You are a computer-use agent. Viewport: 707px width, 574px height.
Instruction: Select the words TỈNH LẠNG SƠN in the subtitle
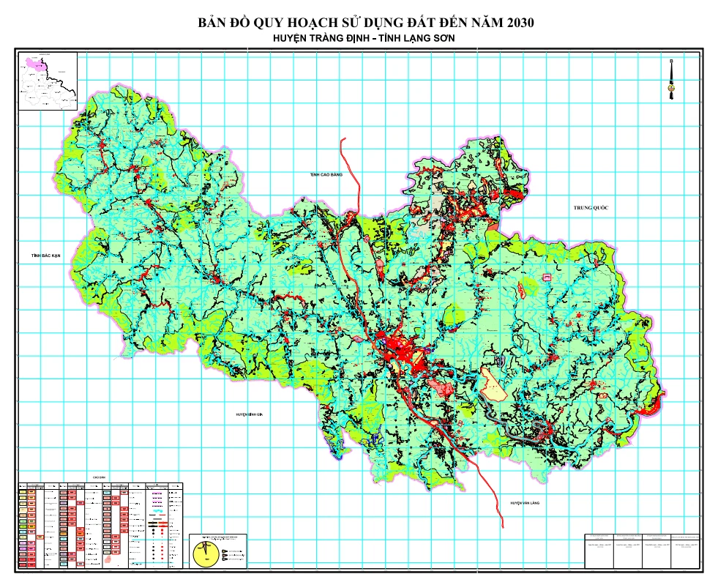point(415,40)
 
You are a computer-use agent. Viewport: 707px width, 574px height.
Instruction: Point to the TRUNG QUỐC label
point(591,209)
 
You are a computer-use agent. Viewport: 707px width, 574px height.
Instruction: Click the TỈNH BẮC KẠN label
point(45,256)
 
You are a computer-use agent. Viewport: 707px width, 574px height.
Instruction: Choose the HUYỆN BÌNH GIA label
point(249,414)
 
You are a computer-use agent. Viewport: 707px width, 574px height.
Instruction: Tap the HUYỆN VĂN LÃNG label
point(525,503)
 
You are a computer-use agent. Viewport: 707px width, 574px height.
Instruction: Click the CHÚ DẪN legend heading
point(100,477)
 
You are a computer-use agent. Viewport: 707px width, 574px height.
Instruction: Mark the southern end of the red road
point(502,525)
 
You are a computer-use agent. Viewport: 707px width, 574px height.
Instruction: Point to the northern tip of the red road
point(340,139)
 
